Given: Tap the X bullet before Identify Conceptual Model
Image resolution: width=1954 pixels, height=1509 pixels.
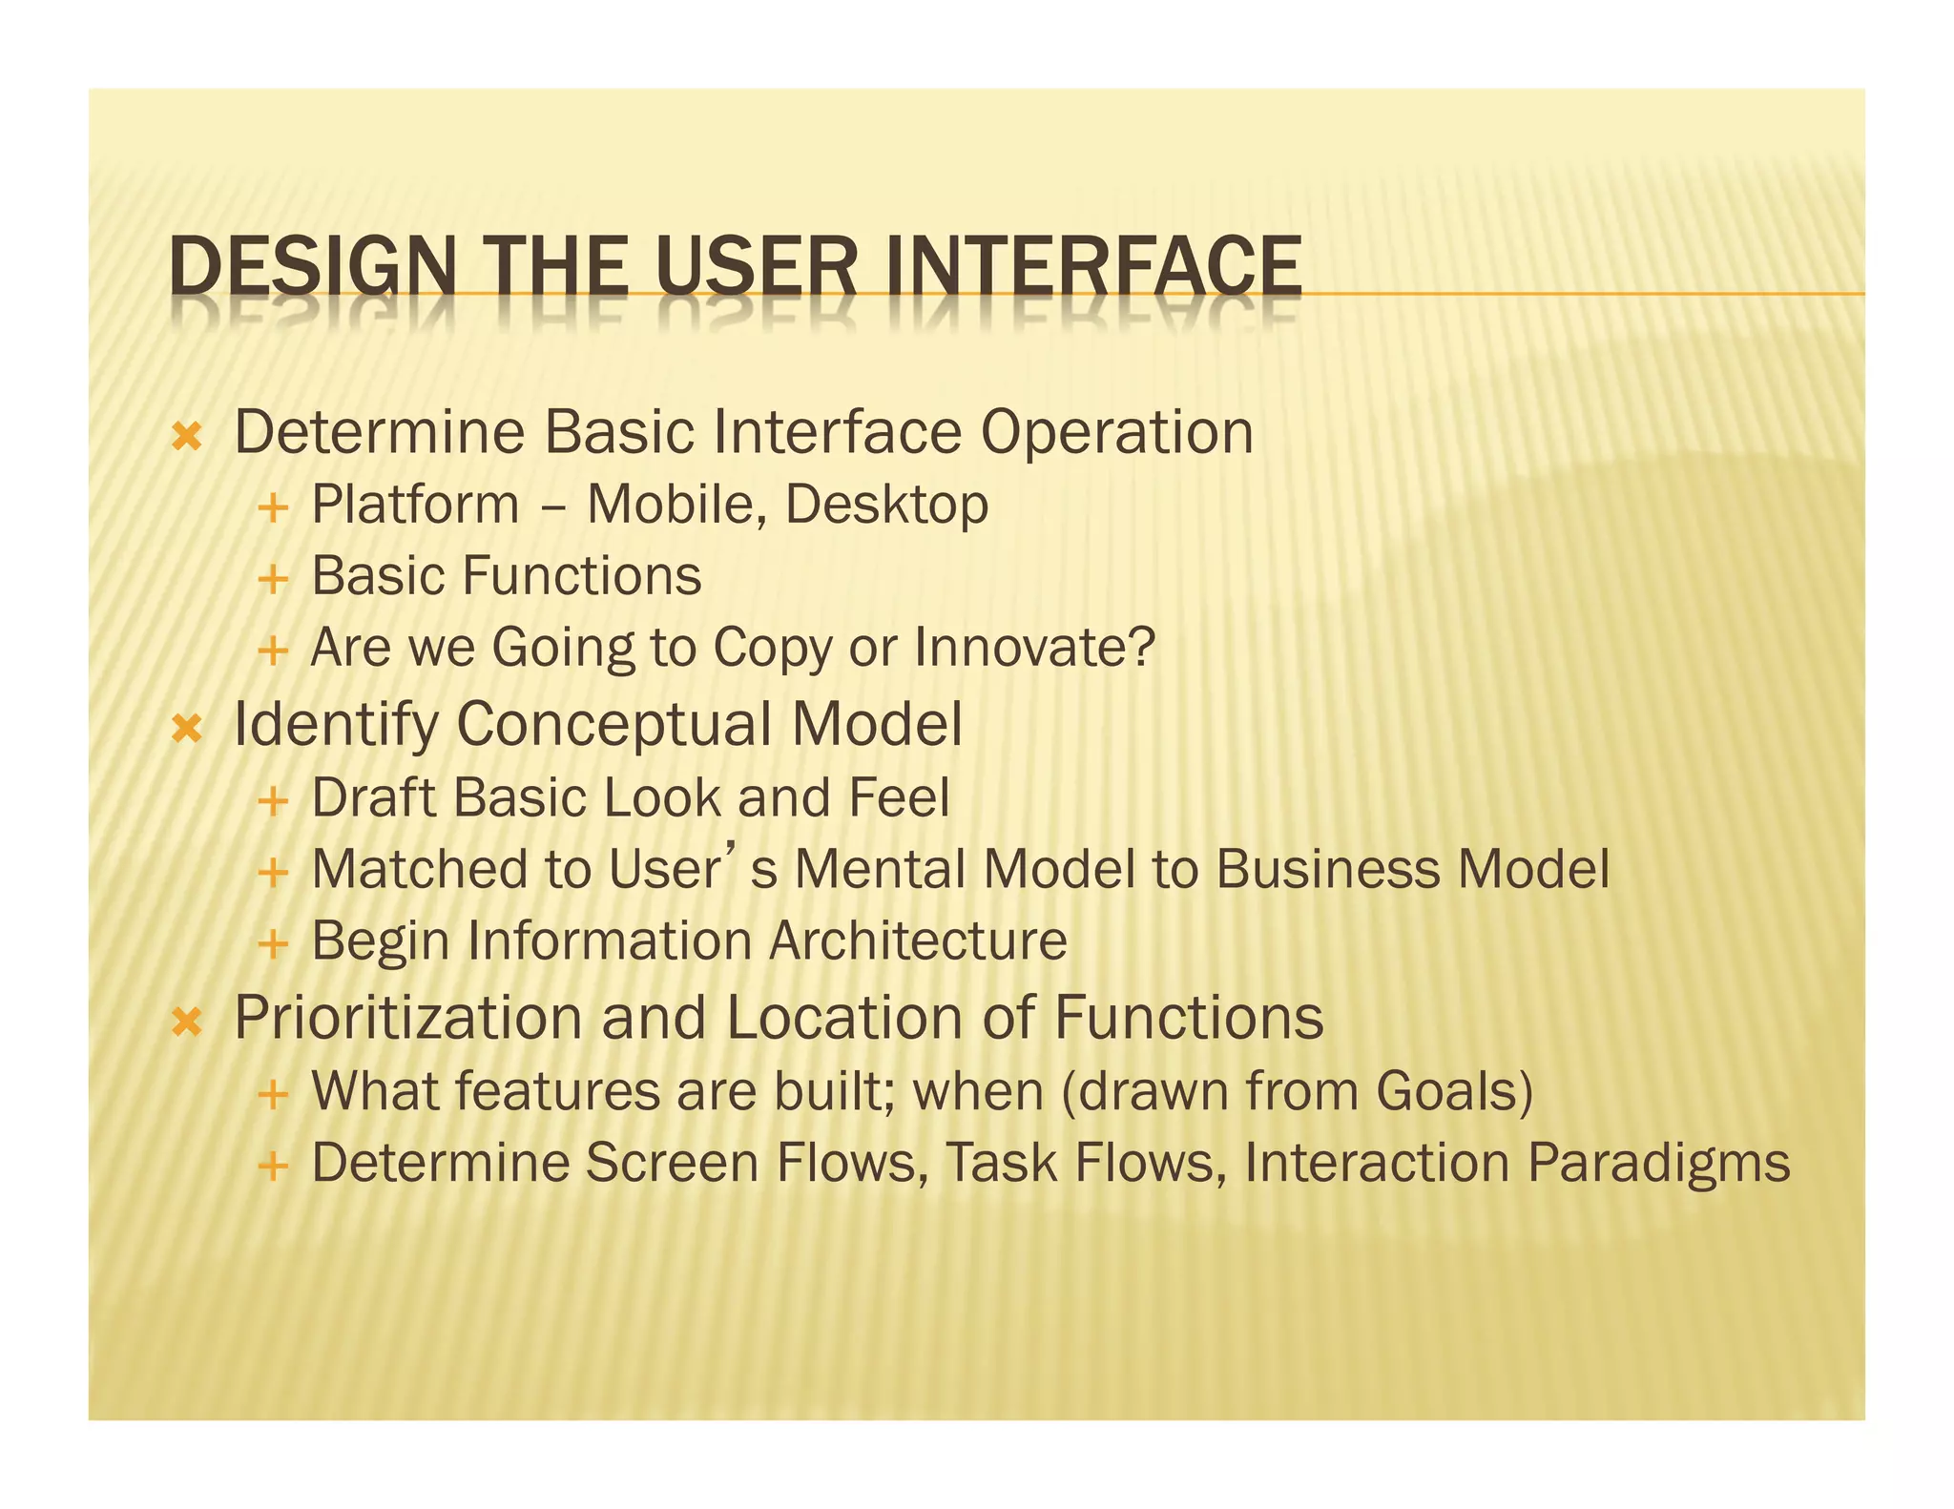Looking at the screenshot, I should tap(187, 731).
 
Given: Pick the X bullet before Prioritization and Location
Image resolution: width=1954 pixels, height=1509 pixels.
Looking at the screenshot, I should tap(187, 1023).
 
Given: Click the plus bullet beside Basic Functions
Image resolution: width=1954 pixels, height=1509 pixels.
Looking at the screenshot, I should tap(273, 579).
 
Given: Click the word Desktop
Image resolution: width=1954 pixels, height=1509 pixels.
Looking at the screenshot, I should tap(886, 506).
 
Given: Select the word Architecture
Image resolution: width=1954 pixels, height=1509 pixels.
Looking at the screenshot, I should tap(918, 941).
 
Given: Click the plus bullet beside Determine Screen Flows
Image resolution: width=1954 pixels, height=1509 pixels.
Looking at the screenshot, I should tap(273, 1166).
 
